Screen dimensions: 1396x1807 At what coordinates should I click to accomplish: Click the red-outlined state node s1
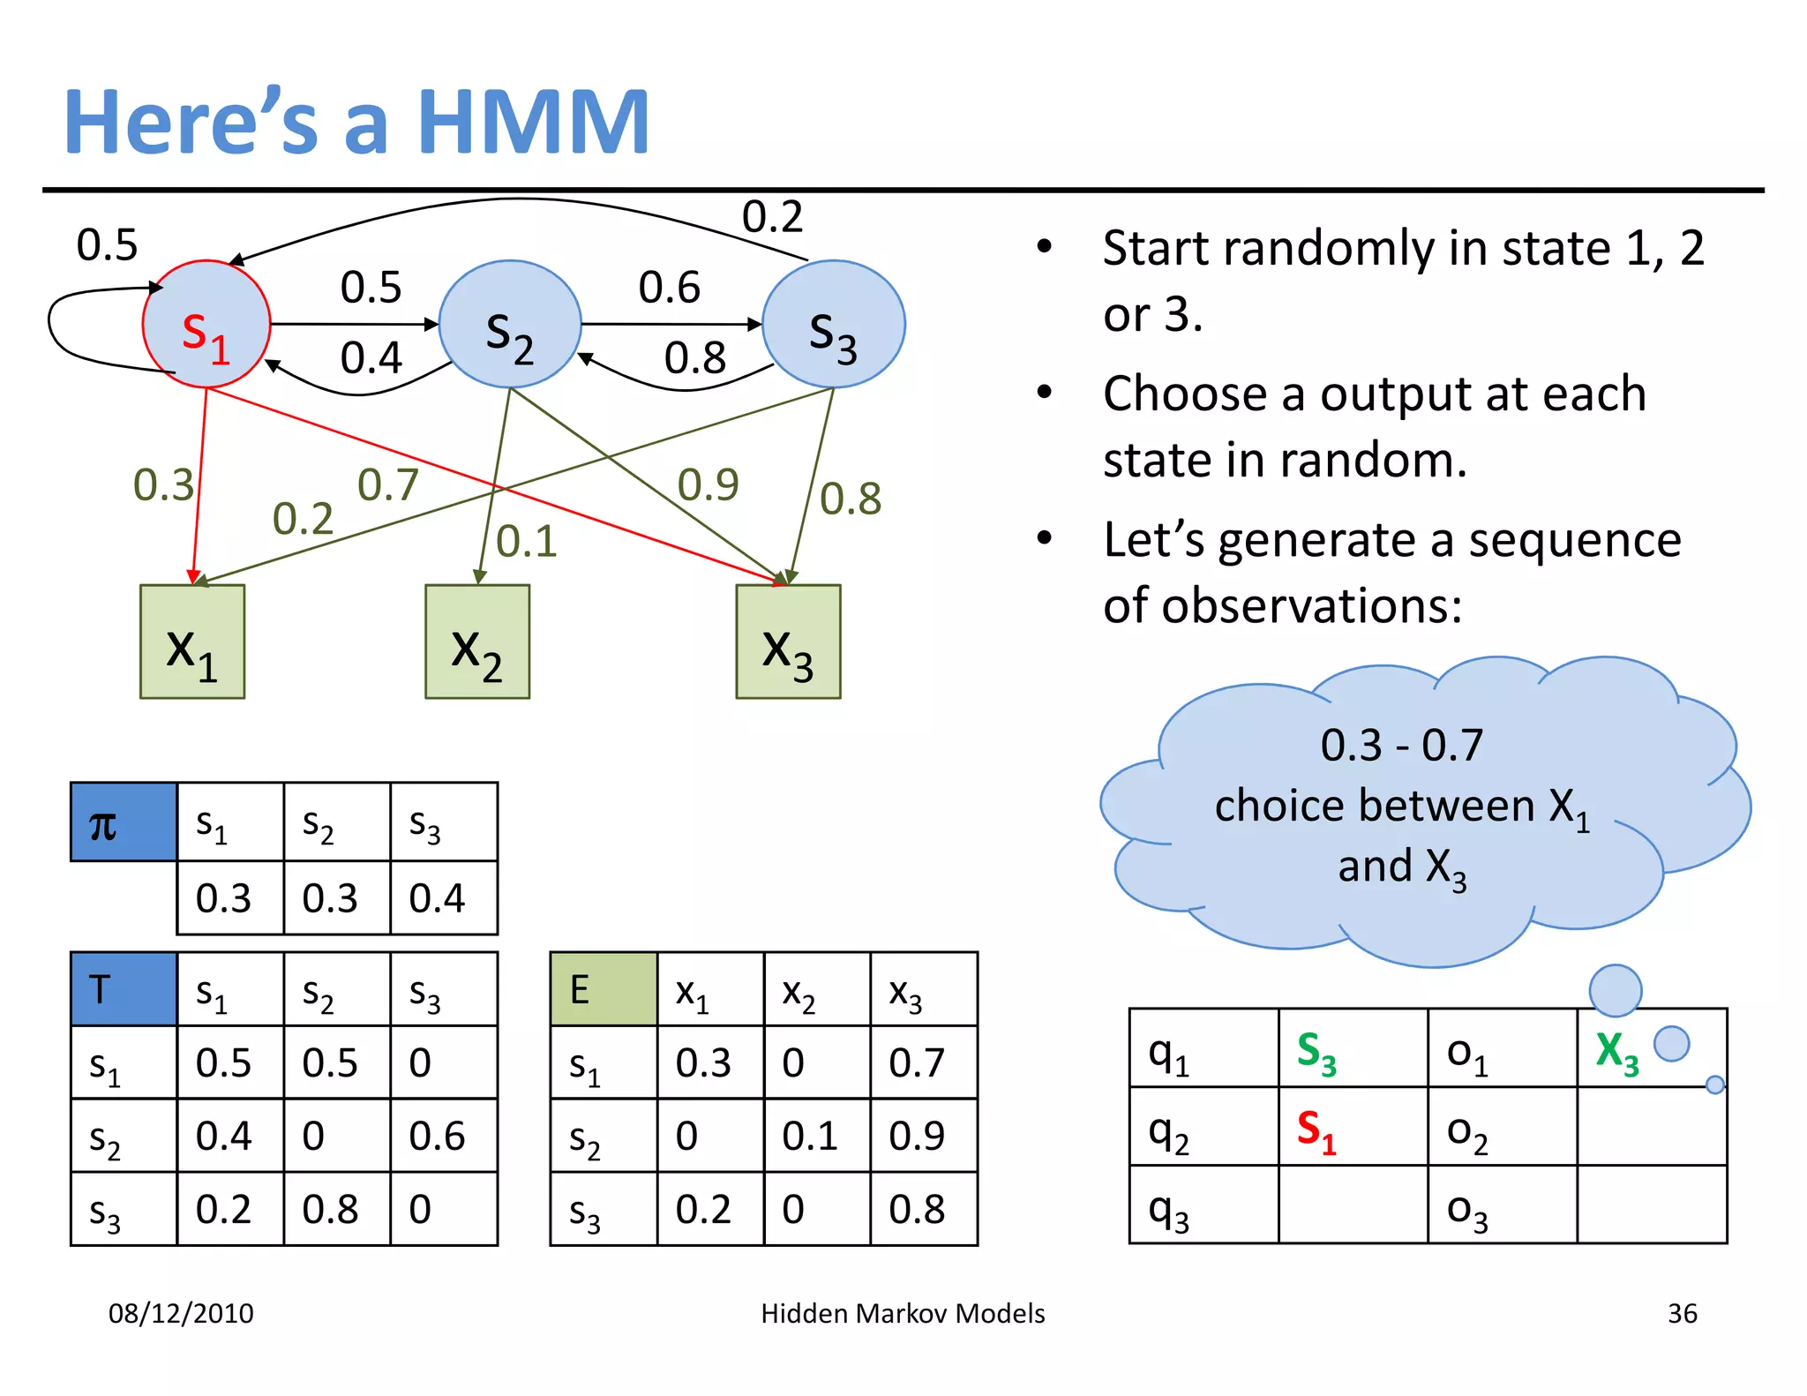tap(206, 325)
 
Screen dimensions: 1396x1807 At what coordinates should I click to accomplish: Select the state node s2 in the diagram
tap(510, 325)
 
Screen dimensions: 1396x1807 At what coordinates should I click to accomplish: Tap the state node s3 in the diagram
tap(833, 325)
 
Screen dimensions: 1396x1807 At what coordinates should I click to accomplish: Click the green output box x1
tap(192, 642)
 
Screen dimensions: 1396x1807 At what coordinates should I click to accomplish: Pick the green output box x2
tap(477, 642)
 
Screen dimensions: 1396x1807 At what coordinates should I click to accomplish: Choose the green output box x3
tap(788, 642)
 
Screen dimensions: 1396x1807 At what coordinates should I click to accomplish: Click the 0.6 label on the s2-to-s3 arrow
tap(669, 288)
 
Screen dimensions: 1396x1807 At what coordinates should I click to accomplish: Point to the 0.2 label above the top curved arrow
tap(772, 217)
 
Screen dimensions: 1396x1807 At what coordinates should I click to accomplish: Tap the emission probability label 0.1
tap(527, 541)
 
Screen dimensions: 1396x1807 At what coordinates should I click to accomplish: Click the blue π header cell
tap(124, 822)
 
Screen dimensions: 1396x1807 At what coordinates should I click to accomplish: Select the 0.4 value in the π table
tap(437, 898)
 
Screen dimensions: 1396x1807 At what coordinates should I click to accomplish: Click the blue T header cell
tap(124, 989)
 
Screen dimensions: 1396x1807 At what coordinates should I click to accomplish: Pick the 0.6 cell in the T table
tap(437, 1136)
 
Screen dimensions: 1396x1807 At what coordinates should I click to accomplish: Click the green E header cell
tap(604, 989)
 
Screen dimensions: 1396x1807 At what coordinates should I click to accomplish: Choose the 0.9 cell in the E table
tap(917, 1136)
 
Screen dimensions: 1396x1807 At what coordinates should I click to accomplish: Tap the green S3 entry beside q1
tap(1316, 1052)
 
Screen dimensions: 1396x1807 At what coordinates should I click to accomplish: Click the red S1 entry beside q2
tap(1316, 1130)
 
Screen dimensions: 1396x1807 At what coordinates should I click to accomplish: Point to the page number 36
tap(1682, 1313)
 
